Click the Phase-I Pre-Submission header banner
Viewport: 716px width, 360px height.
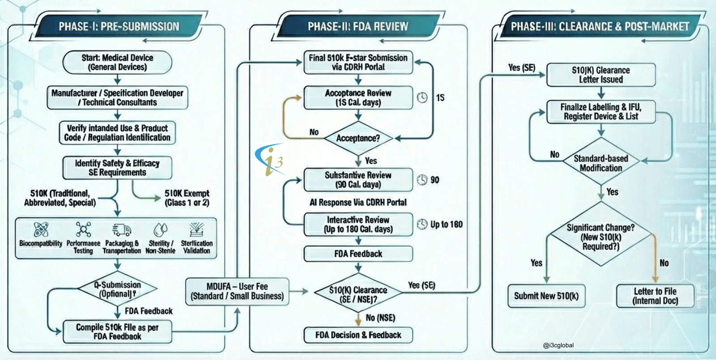(119, 26)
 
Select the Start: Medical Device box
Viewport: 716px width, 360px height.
(117, 62)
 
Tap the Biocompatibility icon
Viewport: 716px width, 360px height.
(41, 229)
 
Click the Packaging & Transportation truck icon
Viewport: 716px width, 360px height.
(121, 229)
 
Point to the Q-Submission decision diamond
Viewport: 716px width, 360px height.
(117, 289)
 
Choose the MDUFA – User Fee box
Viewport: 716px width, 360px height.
(237, 291)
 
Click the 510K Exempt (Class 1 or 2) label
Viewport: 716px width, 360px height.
(187, 198)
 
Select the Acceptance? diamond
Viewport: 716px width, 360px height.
(358, 138)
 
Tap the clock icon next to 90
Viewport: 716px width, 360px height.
(422, 180)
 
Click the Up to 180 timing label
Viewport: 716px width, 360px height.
(446, 224)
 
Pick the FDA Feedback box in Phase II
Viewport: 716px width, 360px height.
(358, 254)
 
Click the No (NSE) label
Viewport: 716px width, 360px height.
(380, 318)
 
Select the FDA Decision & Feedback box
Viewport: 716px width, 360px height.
(358, 335)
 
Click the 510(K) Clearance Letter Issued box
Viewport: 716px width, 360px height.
(601, 75)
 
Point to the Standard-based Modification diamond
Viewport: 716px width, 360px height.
(601, 163)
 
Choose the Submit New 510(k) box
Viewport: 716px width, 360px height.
(546, 296)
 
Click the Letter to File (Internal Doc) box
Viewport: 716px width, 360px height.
(655, 296)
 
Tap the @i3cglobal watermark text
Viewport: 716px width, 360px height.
(558, 345)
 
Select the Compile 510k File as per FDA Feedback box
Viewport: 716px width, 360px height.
(117, 332)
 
